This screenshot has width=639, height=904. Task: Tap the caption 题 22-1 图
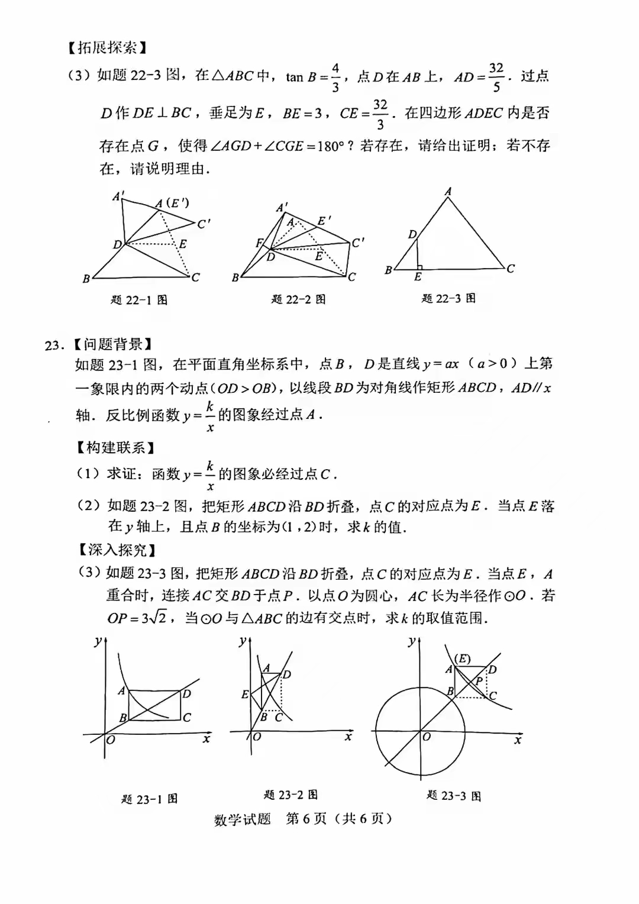pos(139,300)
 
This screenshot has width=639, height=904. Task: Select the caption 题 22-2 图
pos(298,299)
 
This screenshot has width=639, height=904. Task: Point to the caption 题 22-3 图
pos(448,298)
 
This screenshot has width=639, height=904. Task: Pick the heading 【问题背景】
pos(112,344)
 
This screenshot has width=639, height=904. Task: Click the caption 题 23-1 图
pos(149,799)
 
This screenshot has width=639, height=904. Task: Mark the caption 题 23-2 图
pos(291,795)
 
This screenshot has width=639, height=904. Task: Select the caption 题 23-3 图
pos(454,796)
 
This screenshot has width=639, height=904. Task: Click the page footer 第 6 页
pos(306,819)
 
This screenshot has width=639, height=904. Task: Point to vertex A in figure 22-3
pos(448,192)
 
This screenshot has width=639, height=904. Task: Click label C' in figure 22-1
pos(204,224)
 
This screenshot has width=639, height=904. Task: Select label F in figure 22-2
pos(258,243)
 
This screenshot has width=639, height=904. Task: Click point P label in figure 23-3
pos(479,681)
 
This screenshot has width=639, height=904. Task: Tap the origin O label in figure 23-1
pos(111,740)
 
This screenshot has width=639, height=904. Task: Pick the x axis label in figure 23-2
pos(348,737)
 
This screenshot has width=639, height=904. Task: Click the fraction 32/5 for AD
pos(496,78)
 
